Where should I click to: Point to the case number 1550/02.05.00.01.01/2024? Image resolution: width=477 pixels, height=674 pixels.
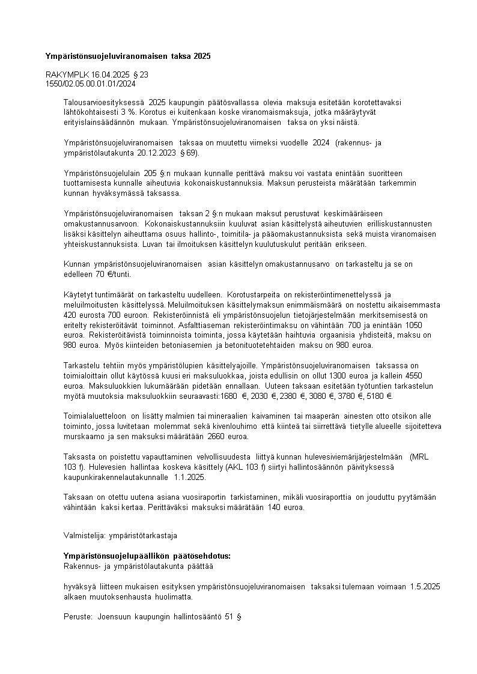click(x=90, y=83)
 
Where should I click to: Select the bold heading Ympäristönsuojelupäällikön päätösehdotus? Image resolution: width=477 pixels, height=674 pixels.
click(x=147, y=555)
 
